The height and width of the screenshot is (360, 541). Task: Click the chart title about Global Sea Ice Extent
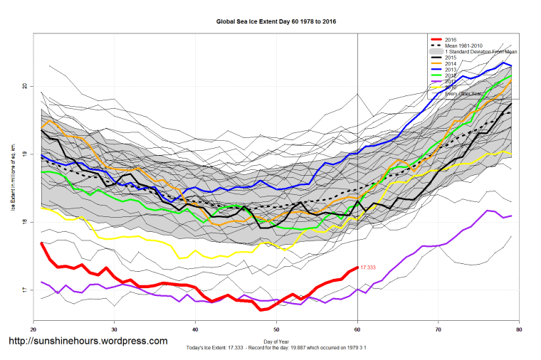pyautogui.click(x=276, y=22)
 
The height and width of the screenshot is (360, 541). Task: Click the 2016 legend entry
pyautogui.click(x=450, y=39)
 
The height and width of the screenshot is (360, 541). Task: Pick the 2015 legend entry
pyautogui.click(x=450, y=58)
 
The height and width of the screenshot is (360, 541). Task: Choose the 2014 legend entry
pyautogui.click(x=450, y=64)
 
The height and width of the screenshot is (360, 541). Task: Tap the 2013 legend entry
pyautogui.click(x=450, y=70)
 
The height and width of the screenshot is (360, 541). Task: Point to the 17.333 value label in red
pyautogui.click(x=368, y=268)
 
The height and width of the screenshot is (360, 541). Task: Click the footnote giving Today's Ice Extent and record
pyautogui.click(x=276, y=349)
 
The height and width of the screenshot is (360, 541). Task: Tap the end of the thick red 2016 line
pyautogui.click(x=357, y=268)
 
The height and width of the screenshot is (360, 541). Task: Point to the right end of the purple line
pyautogui.click(x=511, y=216)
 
